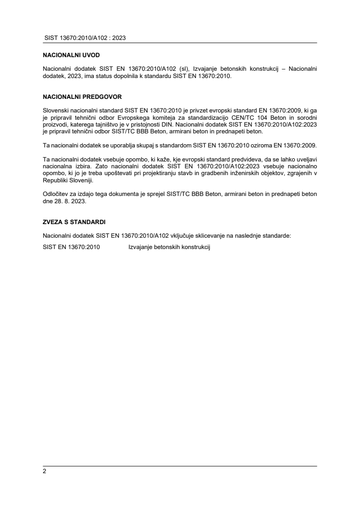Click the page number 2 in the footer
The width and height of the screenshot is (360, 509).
[x=44, y=471]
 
